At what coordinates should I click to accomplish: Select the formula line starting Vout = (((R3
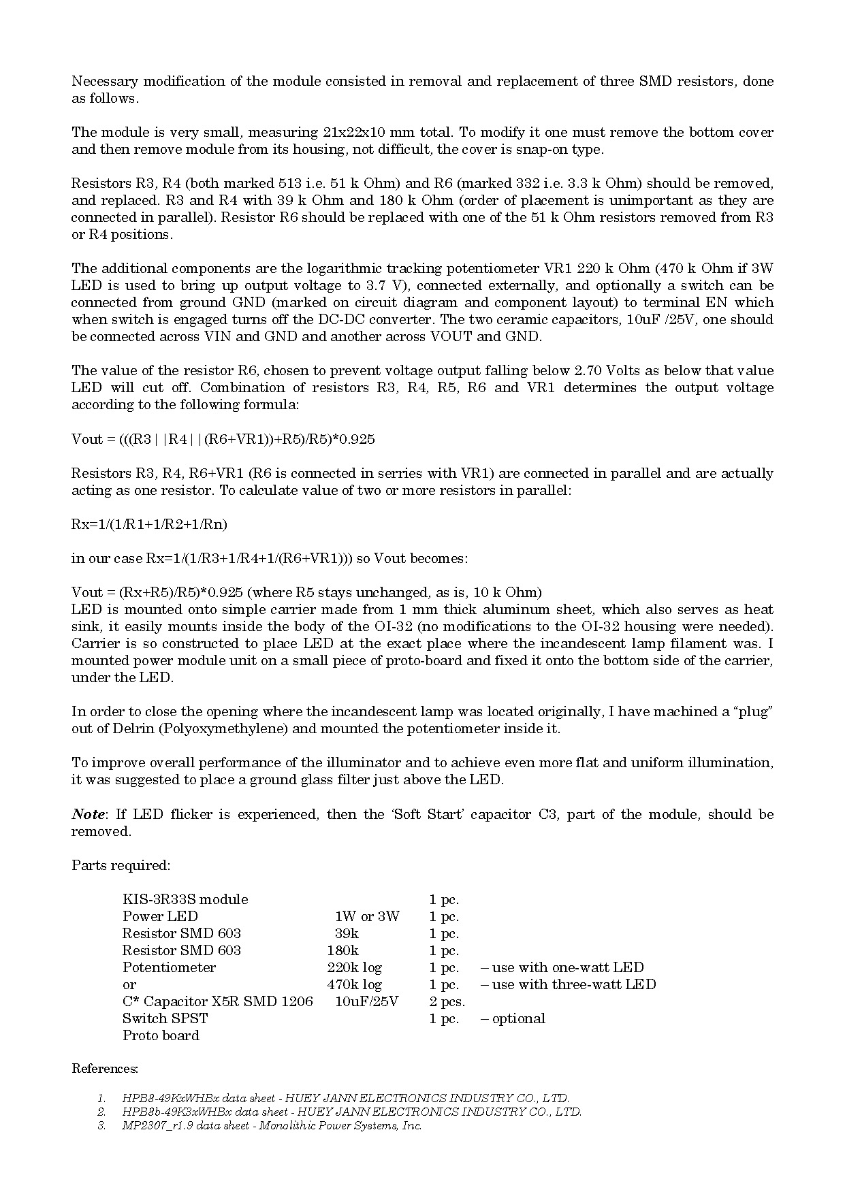pos(223,439)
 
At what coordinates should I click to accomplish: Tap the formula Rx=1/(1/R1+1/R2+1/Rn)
pos(149,524)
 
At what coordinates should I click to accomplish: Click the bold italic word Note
pos(89,814)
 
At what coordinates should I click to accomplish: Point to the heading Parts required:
pos(121,865)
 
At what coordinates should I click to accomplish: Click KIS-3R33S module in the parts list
pos(185,899)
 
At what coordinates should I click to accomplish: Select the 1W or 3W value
pos(367,916)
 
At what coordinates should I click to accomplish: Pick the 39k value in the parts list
pos(347,933)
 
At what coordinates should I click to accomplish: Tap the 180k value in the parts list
pos(342,950)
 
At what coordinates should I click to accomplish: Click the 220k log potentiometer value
pos(354,967)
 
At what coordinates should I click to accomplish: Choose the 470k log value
pos(354,984)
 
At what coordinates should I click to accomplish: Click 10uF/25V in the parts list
pos(366,1001)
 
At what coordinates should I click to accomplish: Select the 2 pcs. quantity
pos(447,1001)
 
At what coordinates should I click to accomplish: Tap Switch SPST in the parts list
pos(165,1018)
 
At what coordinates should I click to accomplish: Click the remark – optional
pos(513,1018)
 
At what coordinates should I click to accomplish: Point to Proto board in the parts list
pos(161,1035)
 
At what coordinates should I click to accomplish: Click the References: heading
pos(105,1069)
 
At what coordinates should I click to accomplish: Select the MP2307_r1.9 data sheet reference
pos(272,1125)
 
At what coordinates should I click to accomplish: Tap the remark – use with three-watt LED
pos(568,984)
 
